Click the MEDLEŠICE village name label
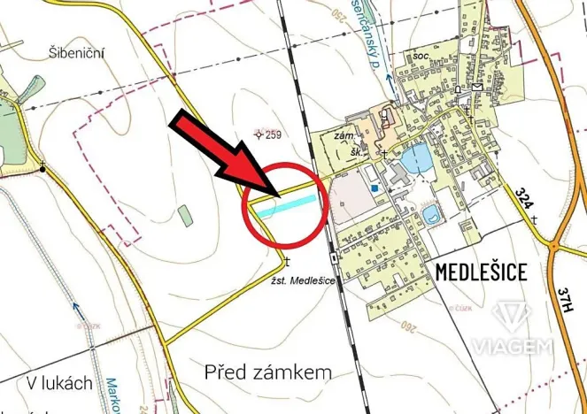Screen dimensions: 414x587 pos(481,272)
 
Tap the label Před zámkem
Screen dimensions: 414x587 pos(267,372)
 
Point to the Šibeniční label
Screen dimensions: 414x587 pos(78,53)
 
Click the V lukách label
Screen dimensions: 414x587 pos(60,383)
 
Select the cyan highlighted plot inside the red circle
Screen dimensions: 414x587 pos(286,204)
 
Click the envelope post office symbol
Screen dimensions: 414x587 pos(476,87)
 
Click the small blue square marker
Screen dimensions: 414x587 pos(375,188)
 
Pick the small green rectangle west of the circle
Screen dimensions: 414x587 pos(183,214)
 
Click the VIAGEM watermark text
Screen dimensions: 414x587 pos(513,346)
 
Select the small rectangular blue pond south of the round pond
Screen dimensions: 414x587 pos(431,216)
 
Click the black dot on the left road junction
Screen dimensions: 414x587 pos(42,166)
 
